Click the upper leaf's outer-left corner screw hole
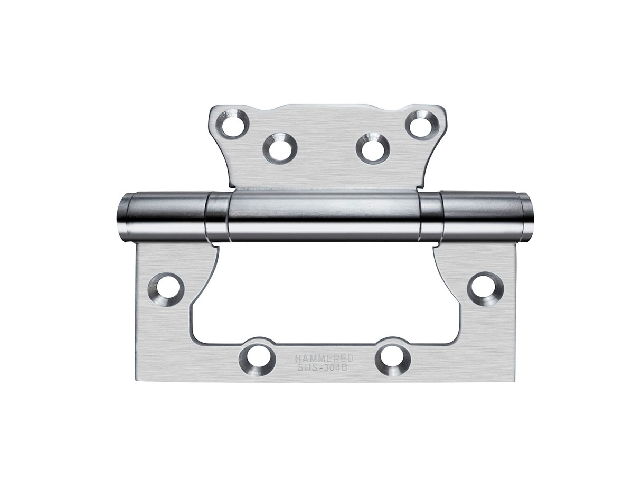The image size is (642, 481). tap(232, 124)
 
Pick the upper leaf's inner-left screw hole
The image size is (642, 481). tap(280, 147)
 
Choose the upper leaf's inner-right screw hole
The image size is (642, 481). tap(373, 148)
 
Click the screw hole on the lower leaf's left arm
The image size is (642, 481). tap(166, 288)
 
